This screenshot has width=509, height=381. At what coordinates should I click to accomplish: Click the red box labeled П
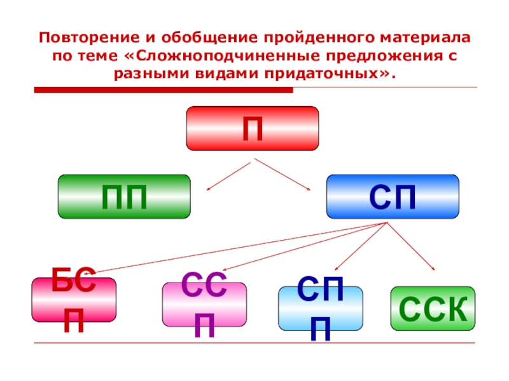tap(252, 128)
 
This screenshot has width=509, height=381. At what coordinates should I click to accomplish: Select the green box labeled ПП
tap(124, 197)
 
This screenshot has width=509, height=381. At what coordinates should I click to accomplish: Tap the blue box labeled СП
tap(392, 197)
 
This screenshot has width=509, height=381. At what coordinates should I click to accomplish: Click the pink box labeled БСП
tap(74, 300)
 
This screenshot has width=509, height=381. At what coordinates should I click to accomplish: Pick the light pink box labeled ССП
tap(204, 304)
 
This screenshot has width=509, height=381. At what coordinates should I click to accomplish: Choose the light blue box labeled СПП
tap(321, 308)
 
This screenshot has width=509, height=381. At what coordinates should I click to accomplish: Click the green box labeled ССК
tap(433, 309)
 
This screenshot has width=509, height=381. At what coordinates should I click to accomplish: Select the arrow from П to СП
tap(281, 176)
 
